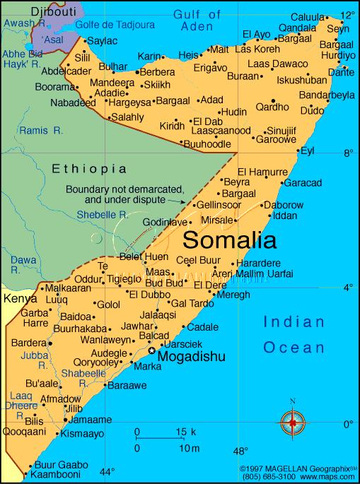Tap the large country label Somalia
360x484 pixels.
pos(230,240)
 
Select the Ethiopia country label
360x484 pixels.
pos(89,169)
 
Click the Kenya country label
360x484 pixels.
pos(21,300)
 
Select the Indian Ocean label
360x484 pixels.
pos(294,334)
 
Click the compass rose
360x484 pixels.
pos(293,425)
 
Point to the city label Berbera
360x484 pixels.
pos(157,73)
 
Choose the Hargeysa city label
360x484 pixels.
pos(129,102)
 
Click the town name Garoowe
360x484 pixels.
pos(275,139)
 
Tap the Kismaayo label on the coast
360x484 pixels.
pos(83,433)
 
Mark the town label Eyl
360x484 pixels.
pos(307,150)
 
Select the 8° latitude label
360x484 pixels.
pos(347,152)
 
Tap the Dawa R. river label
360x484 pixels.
pos(23,264)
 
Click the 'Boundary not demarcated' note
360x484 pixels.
pos(124,194)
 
